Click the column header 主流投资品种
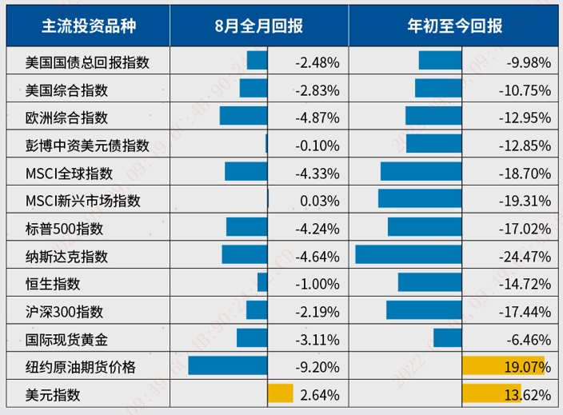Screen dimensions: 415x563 tap(89, 26)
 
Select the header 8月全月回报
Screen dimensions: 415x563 tap(259, 26)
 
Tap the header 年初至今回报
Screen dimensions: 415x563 tap(454, 26)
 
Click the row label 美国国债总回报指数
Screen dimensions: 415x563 tap(87, 62)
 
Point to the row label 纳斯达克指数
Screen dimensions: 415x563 tap(66, 256)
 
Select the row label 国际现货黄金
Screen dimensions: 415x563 tap(66, 339)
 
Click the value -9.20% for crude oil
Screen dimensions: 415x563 tap(317, 367)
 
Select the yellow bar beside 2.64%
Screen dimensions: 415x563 tap(281, 394)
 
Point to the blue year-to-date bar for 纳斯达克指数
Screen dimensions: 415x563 tap(409, 256)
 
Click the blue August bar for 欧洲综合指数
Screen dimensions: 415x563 tap(243, 117)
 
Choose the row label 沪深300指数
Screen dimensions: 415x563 tap(64, 311)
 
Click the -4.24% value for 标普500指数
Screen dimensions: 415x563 tap(317, 228)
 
